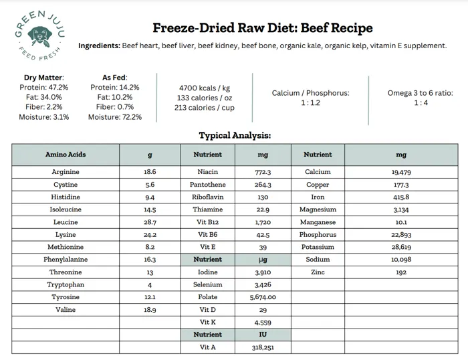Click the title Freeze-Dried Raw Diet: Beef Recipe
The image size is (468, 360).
pos(263,28)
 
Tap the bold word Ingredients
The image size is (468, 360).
pos(99,46)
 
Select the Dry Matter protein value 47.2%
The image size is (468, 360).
pos(44,87)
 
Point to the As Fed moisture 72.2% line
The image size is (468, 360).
pos(115,117)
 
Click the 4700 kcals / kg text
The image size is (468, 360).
pos(205,88)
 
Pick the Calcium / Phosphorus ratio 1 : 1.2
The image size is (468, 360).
pos(310,103)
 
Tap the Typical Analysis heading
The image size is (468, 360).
pos(234,136)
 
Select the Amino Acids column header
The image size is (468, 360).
pos(66,155)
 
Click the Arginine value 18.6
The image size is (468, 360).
pos(150,172)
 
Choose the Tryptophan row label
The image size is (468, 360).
pos(66,285)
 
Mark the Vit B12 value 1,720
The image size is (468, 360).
pos(263,222)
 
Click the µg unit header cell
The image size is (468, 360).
pos(263,260)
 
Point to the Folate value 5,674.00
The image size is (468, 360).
pos(263,297)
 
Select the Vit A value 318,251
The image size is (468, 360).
pos(263,347)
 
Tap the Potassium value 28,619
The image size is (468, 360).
pos(401,247)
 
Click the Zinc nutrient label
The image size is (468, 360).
pos(318,272)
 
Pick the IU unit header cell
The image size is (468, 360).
pos(263,335)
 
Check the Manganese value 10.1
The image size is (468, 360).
pos(401,222)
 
